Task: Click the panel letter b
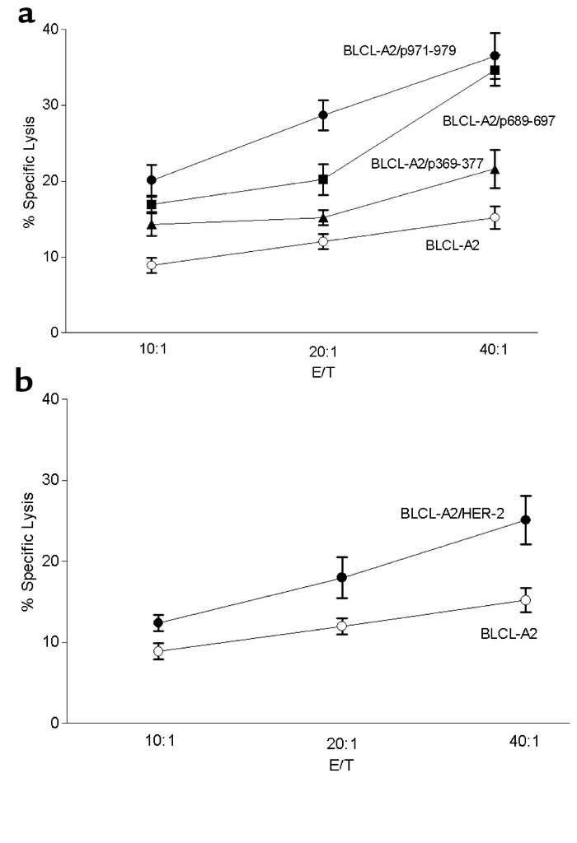coord(26,381)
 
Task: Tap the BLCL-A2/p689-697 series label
coord(499,121)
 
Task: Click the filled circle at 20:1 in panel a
coord(324,114)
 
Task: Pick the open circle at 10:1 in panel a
coord(152,265)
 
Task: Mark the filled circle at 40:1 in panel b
coord(525,519)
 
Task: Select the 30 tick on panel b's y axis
coord(49,480)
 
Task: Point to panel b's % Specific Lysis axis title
coord(29,561)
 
